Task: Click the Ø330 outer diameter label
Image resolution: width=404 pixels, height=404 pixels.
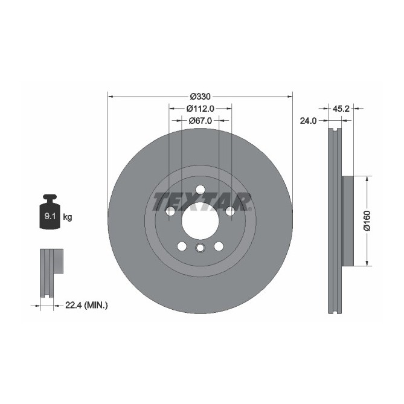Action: coord(200,97)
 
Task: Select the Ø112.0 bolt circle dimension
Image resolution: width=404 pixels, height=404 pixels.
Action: coord(200,109)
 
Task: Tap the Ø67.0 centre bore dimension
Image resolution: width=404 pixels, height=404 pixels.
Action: coord(200,121)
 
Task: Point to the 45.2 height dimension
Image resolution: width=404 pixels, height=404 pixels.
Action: coord(339,109)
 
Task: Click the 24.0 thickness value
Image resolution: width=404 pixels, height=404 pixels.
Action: coord(308,121)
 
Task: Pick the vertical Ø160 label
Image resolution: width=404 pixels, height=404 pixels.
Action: coord(366,221)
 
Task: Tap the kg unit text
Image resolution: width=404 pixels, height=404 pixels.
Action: coord(68,217)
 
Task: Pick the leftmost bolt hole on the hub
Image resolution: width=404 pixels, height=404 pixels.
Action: coord(170,211)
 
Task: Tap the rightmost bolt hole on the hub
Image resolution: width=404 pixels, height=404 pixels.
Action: coord(229,211)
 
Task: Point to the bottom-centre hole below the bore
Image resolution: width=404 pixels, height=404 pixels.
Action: coord(200,248)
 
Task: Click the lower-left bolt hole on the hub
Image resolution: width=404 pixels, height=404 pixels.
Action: coord(181,246)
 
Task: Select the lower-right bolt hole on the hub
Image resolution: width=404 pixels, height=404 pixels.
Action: coord(219,246)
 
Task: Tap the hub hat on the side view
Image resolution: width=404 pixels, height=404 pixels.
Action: coord(347,221)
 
